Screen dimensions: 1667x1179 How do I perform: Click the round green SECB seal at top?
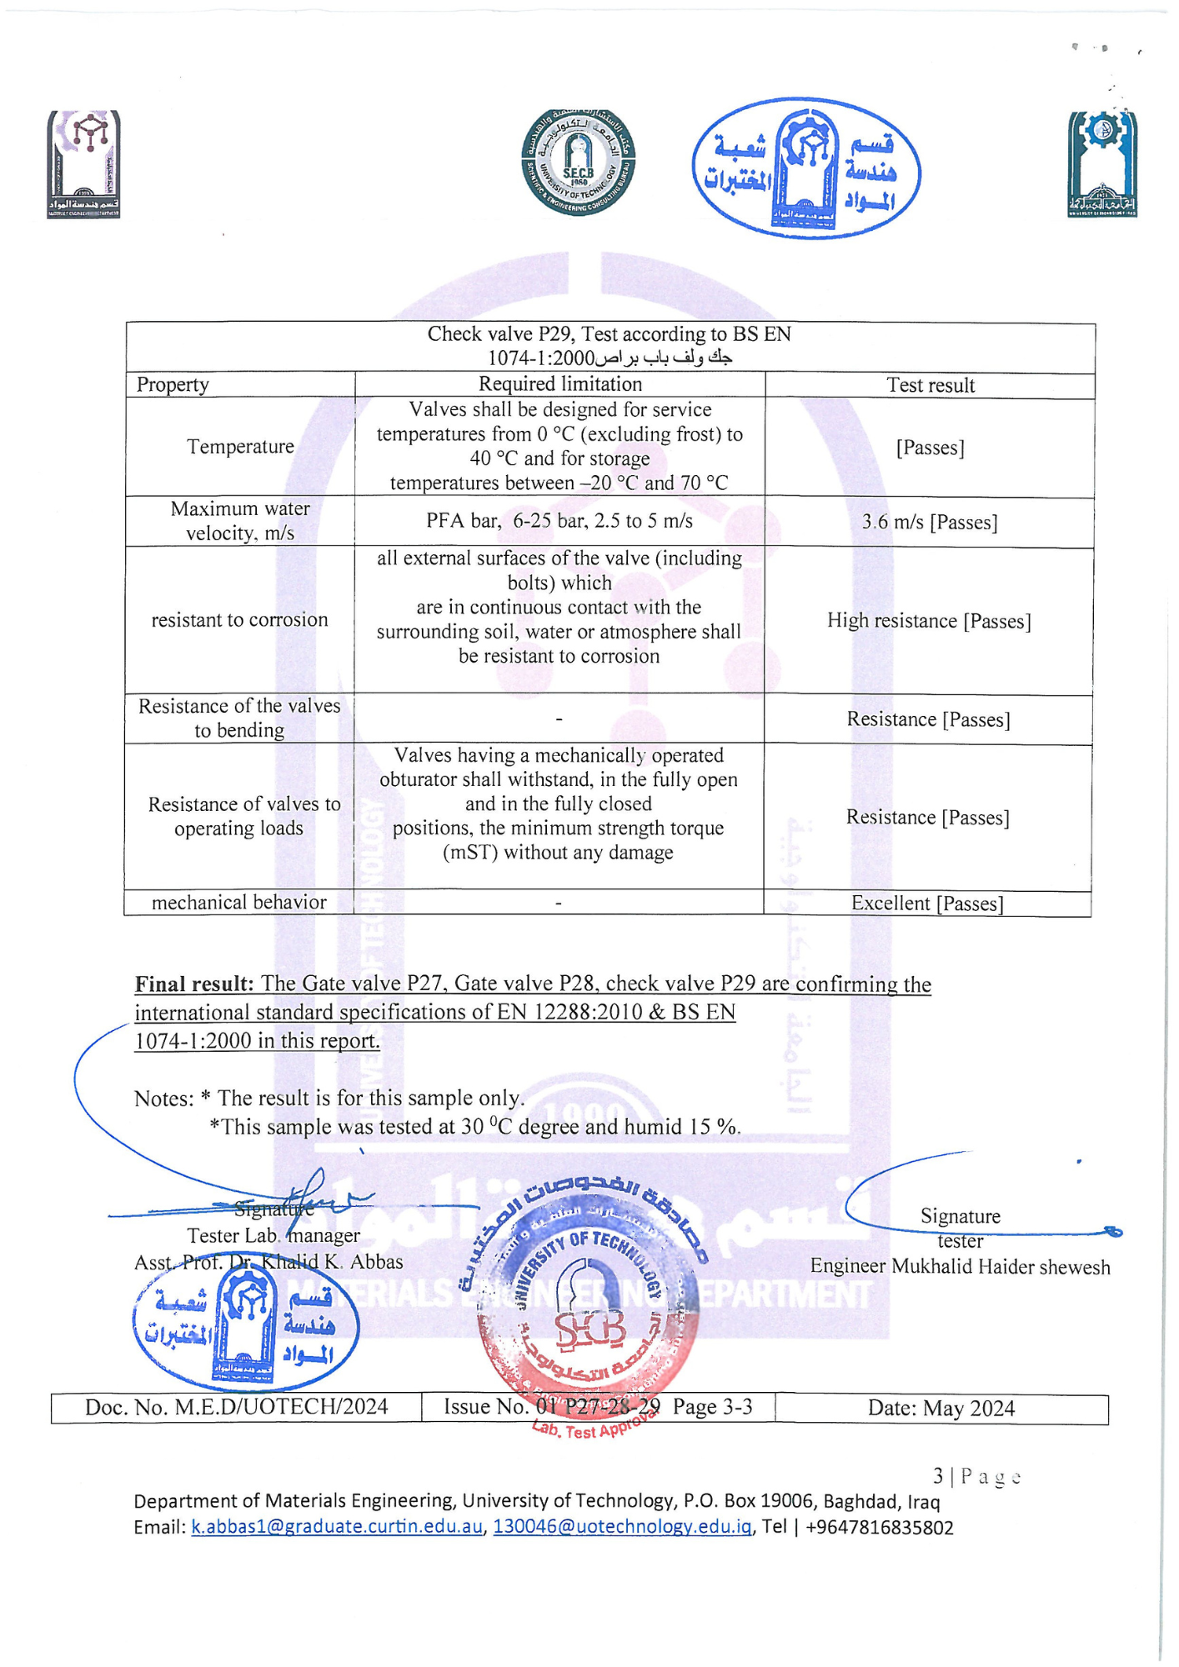pos(578,163)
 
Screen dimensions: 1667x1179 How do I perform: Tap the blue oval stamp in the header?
pos(806,169)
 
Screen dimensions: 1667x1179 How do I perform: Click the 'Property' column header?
pos(173,385)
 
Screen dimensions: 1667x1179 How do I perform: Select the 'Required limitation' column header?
pos(560,384)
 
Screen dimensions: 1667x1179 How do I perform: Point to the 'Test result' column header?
pos(931,385)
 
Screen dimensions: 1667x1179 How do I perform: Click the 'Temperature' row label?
pos(240,447)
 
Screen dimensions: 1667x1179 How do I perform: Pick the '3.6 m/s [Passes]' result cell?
pos(930,523)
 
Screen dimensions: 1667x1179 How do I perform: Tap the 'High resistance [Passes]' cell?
pos(929,621)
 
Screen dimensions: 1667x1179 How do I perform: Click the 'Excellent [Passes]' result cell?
pos(927,904)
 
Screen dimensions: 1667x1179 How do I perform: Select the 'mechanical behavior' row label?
pos(239,903)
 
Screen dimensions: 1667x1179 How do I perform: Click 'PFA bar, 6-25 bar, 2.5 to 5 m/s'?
pos(559,522)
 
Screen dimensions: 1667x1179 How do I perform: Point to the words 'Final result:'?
pos(194,984)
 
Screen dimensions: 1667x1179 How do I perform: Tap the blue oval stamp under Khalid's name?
pos(246,1326)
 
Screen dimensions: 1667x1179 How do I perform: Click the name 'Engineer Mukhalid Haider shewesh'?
pos(960,1267)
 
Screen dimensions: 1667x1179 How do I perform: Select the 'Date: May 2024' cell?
pos(941,1409)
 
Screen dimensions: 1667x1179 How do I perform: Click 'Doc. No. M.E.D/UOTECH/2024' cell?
pos(237,1408)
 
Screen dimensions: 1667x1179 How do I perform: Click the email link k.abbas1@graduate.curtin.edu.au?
pos(337,1528)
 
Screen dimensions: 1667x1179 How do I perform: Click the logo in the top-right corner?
pos(1102,164)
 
